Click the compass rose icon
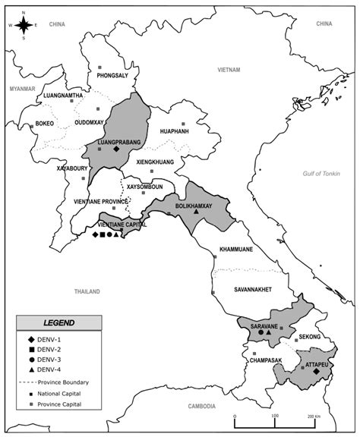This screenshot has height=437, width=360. tap(24, 26)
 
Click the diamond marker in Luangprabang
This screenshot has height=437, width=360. tap(116, 149)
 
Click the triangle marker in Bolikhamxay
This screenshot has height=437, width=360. tap(196, 211)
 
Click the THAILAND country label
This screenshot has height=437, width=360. tap(87, 291)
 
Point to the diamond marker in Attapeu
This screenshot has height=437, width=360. tap(315, 372)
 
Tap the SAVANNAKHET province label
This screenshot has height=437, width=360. tap(255, 289)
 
